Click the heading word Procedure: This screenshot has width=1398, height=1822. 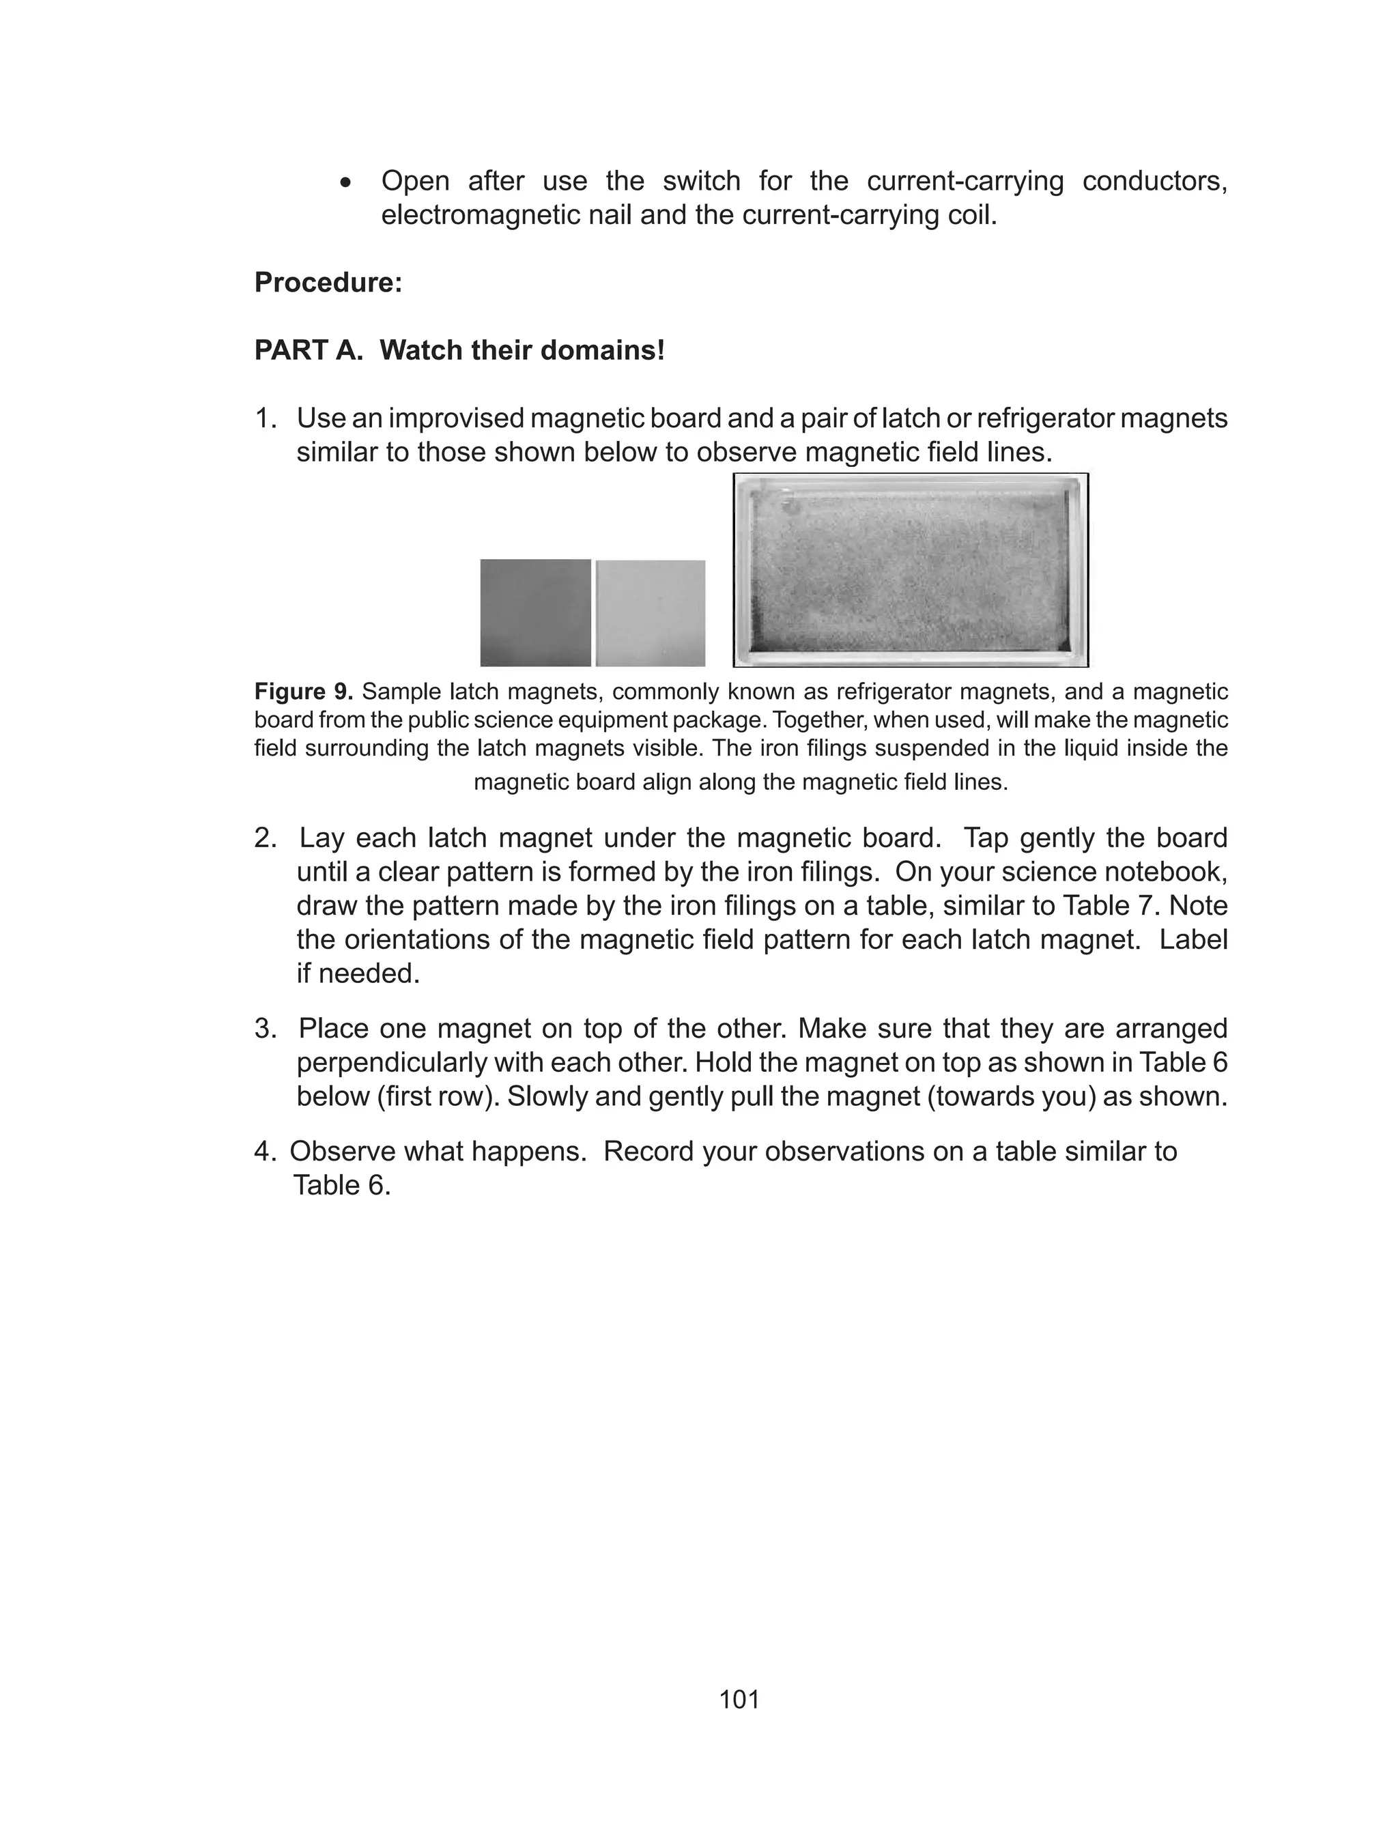point(328,283)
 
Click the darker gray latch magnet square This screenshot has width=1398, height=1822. point(535,613)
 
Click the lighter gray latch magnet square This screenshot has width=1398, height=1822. point(651,613)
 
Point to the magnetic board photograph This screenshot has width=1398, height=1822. point(911,570)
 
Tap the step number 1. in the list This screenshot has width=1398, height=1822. point(265,418)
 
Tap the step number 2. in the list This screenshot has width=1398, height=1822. point(265,838)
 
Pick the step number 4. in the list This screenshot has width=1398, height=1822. point(263,1152)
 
